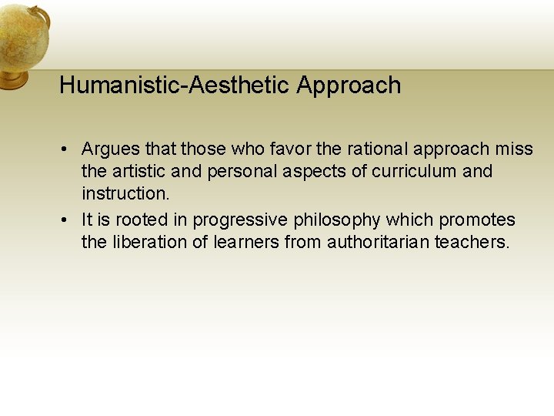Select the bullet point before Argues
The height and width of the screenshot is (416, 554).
coord(67,149)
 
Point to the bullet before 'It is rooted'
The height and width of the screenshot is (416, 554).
coord(67,220)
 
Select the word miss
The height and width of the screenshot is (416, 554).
coord(515,149)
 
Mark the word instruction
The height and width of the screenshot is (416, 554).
coord(125,193)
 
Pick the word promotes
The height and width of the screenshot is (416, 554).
coord(477,220)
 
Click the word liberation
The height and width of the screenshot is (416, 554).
coord(149,242)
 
